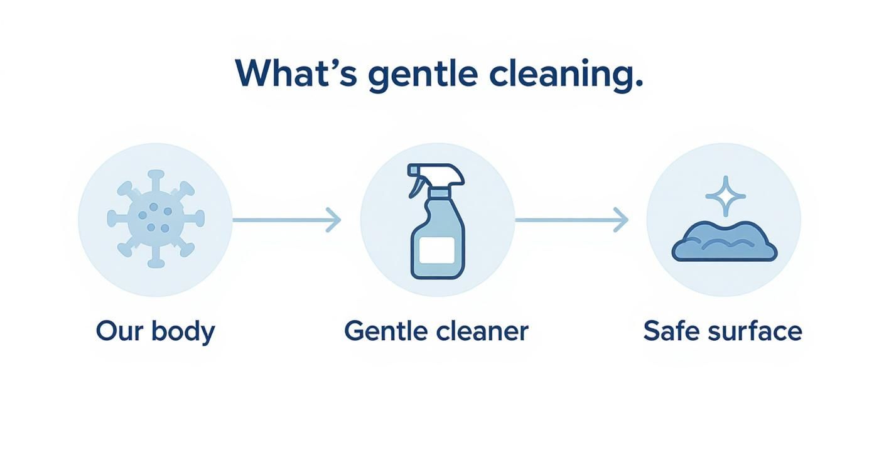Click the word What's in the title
click(296, 73)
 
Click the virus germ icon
click(155, 219)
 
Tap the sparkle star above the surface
click(725, 196)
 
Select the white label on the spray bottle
click(437, 250)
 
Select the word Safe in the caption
click(670, 331)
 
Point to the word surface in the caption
click(754, 331)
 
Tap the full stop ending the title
click(639, 84)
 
